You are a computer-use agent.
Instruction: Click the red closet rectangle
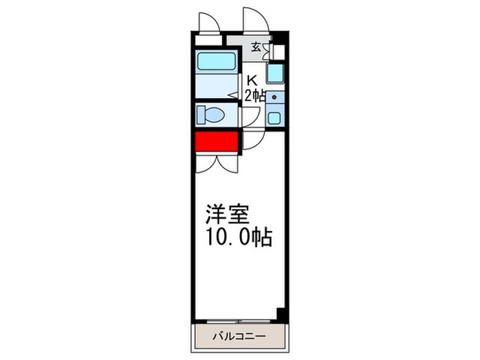coord(215,142)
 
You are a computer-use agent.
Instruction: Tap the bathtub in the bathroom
coord(217,62)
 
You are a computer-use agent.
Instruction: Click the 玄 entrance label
coord(256,47)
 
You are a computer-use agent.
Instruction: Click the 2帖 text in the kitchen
coord(254,96)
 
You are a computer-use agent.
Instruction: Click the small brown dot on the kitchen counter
coord(275,97)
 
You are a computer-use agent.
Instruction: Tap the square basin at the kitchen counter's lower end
coord(274,117)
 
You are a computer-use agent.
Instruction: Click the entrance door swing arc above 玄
coord(255,20)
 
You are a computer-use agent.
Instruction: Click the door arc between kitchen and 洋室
coord(250,141)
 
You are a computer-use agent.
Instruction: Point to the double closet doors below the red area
coord(217,161)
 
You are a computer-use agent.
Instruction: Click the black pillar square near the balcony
coord(280,313)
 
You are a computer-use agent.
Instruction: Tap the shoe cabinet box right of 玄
coord(277,50)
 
